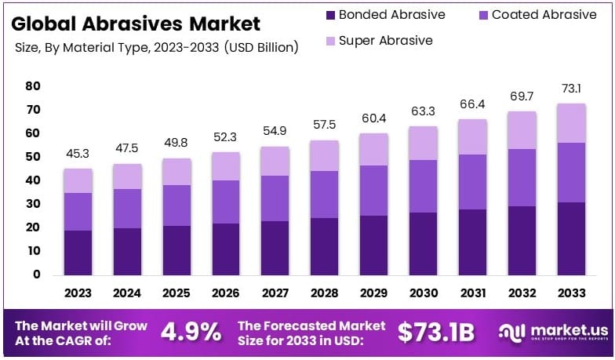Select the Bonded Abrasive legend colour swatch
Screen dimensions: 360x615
(331, 15)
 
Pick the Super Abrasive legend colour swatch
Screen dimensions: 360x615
(331, 40)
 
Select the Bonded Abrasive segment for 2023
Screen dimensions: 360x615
(78, 252)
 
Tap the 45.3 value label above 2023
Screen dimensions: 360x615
(78, 154)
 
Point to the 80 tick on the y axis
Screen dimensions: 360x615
(32, 86)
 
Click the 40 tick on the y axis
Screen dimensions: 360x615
(32, 180)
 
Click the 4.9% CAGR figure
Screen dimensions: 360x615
(191, 332)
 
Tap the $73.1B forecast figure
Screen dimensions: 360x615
(436, 332)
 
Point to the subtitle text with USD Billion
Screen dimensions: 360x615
(157, 48)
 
